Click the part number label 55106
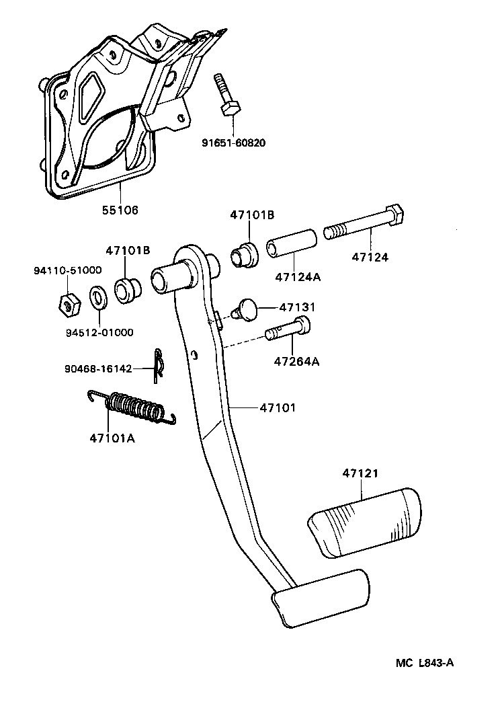[x=120, y=210]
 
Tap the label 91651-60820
[x=233, y=142]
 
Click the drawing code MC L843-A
[x=424, y=663]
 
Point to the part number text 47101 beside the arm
[x=278, y=407]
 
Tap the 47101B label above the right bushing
[x=252, y=215]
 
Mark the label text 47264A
[x=296, y=361]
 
